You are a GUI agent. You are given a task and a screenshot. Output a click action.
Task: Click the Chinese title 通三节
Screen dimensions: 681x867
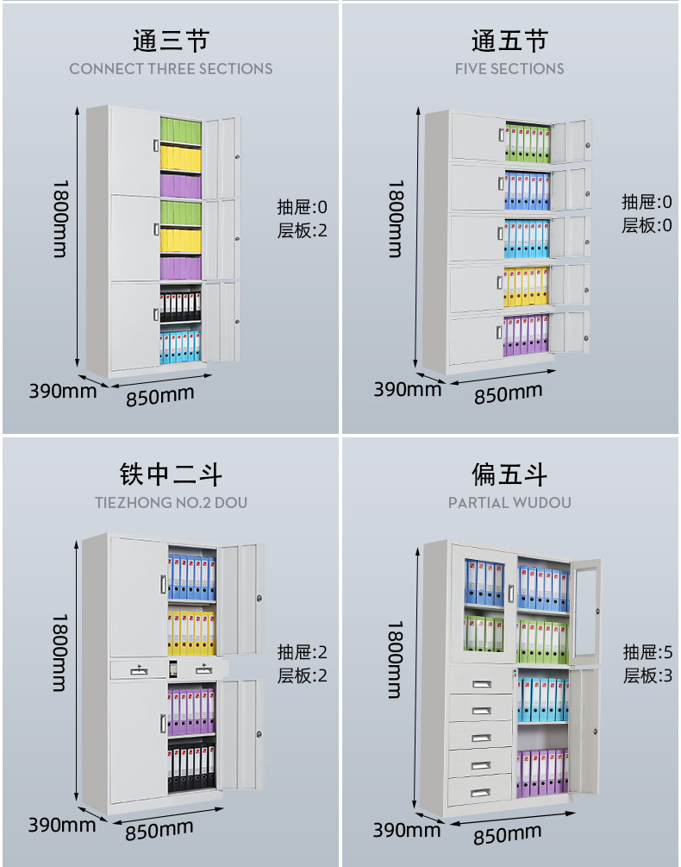coord(171,41)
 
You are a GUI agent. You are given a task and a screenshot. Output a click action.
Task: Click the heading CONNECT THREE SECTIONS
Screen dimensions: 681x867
coord(171,69)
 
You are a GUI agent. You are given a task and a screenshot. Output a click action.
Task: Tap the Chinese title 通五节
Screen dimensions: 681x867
coord(509,41)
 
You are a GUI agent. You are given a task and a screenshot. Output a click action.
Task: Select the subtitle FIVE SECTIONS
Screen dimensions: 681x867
coord(509,69)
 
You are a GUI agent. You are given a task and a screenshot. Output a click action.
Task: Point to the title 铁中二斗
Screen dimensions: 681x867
coord(171,474)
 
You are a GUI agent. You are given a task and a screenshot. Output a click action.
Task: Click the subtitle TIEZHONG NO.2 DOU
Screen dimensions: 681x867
coord(171,502)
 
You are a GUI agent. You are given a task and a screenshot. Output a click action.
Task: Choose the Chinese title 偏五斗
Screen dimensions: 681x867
coord(509,474)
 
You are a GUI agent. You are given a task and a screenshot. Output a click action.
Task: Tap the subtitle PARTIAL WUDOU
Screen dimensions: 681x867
coord(509,502)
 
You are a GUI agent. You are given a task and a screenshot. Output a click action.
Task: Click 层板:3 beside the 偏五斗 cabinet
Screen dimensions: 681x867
coord(647,675)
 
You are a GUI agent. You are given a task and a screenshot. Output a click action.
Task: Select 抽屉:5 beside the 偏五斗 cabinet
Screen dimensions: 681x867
coord(647,652)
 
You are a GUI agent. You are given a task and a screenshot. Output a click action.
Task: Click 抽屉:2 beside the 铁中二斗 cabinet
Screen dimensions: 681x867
coord(302,652)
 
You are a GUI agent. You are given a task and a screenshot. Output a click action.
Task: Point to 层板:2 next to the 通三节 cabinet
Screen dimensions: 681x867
coord(302,230)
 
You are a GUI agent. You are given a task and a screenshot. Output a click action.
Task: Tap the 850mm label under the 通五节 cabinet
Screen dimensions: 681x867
coord(509,394)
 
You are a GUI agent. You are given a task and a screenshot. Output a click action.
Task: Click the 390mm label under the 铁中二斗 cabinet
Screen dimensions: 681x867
coord(62,824)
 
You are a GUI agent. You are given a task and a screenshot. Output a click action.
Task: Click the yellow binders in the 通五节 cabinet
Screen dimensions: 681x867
coord(526,286)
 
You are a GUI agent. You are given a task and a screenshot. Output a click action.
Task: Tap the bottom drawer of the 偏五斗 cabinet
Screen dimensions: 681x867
coord(480,789)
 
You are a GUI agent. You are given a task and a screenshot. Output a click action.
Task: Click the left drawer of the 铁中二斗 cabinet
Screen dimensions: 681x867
coord(138,669)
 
